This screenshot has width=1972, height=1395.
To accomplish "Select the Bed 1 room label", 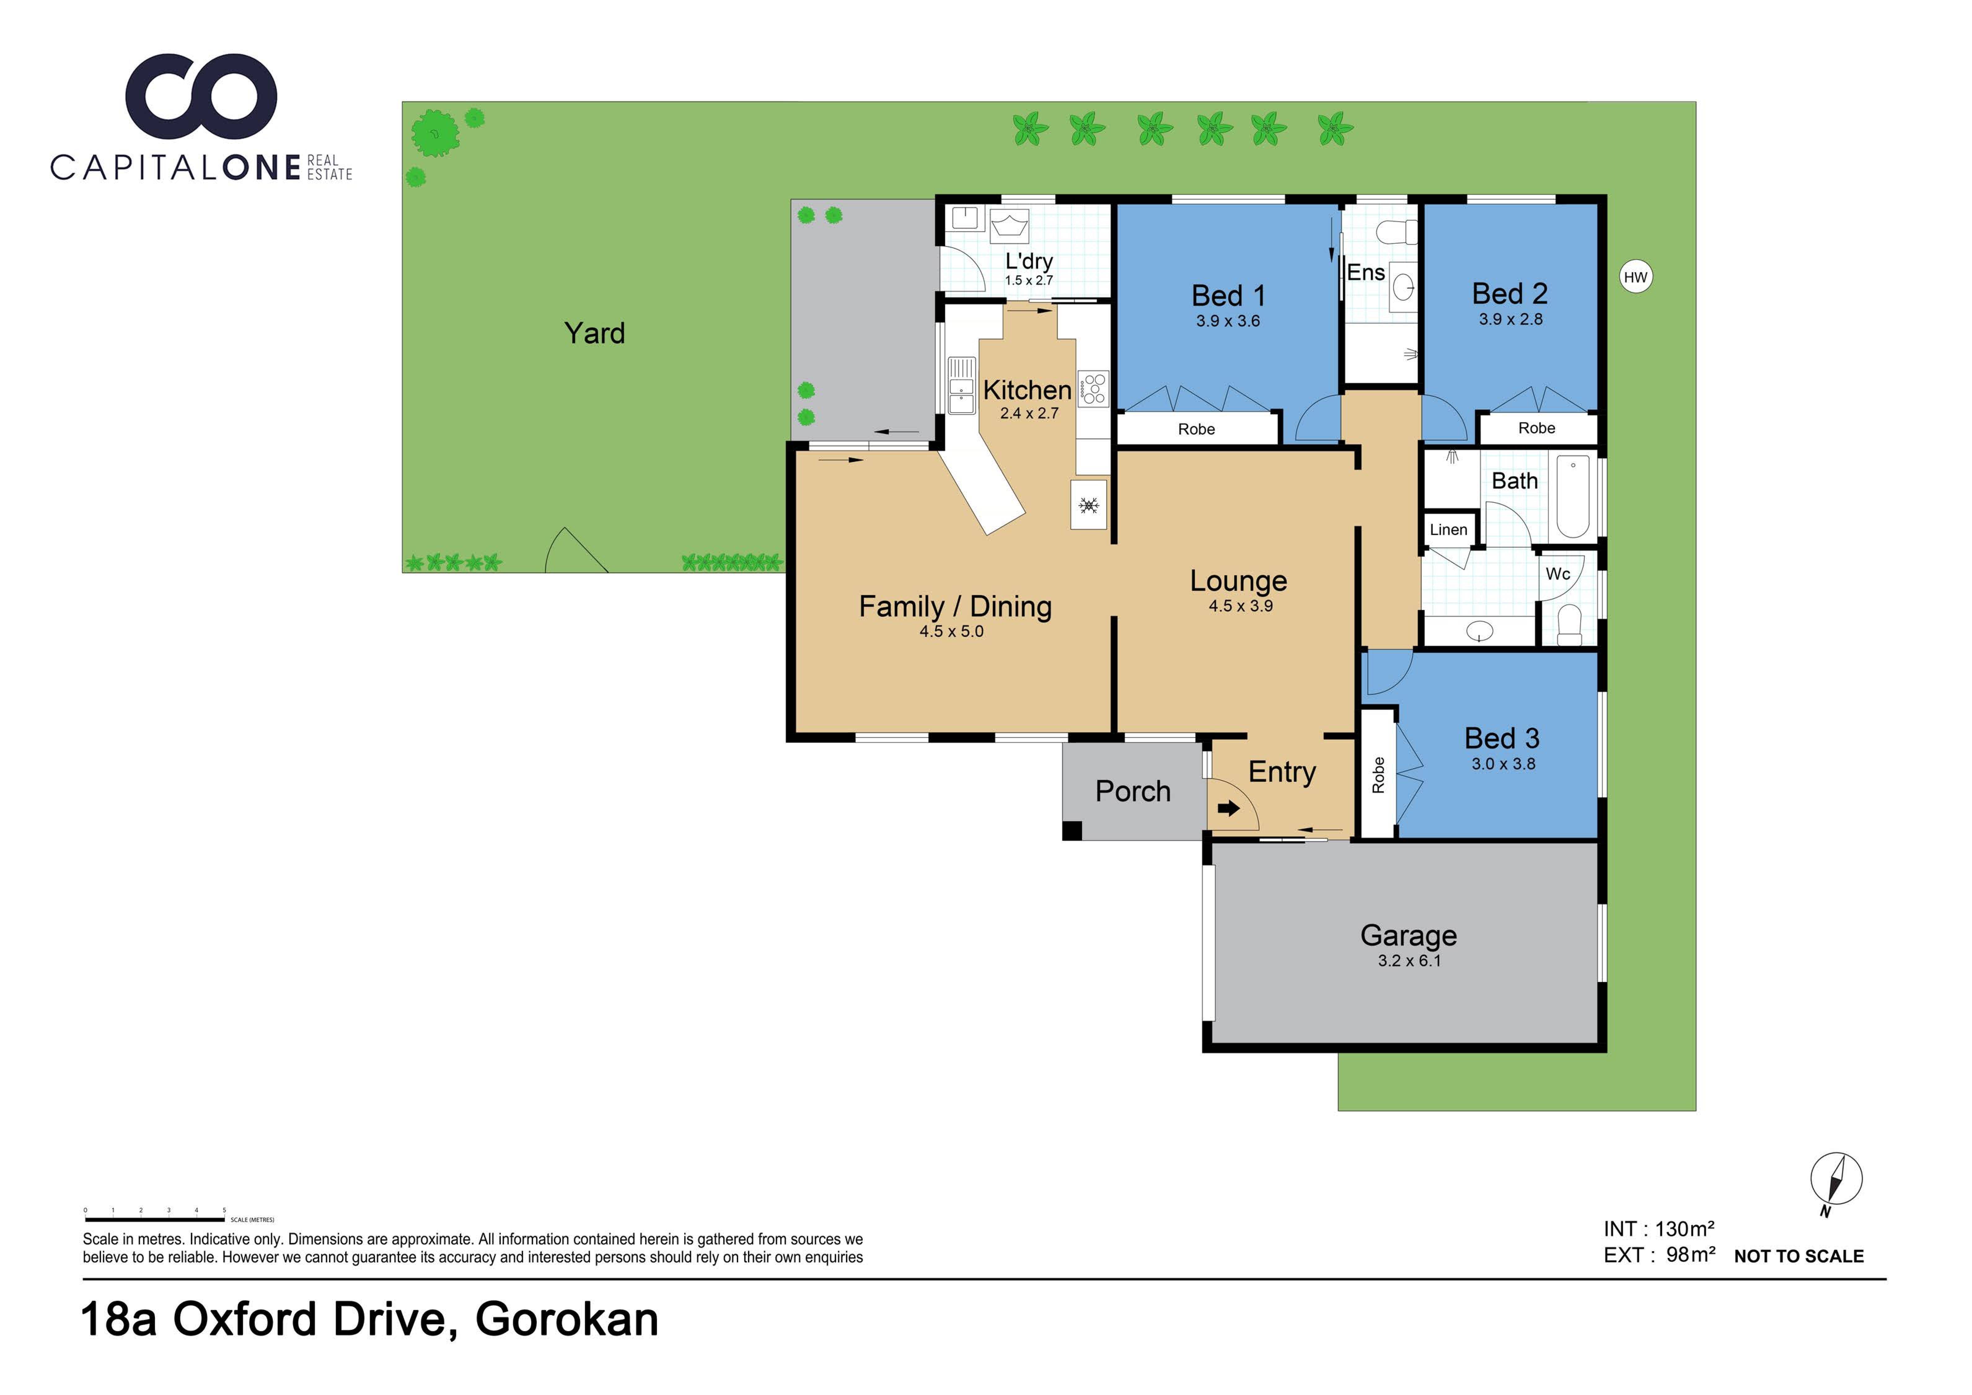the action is tap(1228, 295).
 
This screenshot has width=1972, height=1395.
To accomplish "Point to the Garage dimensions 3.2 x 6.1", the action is tap(1409, 960).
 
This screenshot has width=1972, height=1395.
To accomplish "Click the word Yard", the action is tap(594, 333).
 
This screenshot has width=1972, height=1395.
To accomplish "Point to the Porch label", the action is tap(1133, 791).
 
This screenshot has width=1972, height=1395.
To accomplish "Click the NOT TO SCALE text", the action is tap(1798, 1256).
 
